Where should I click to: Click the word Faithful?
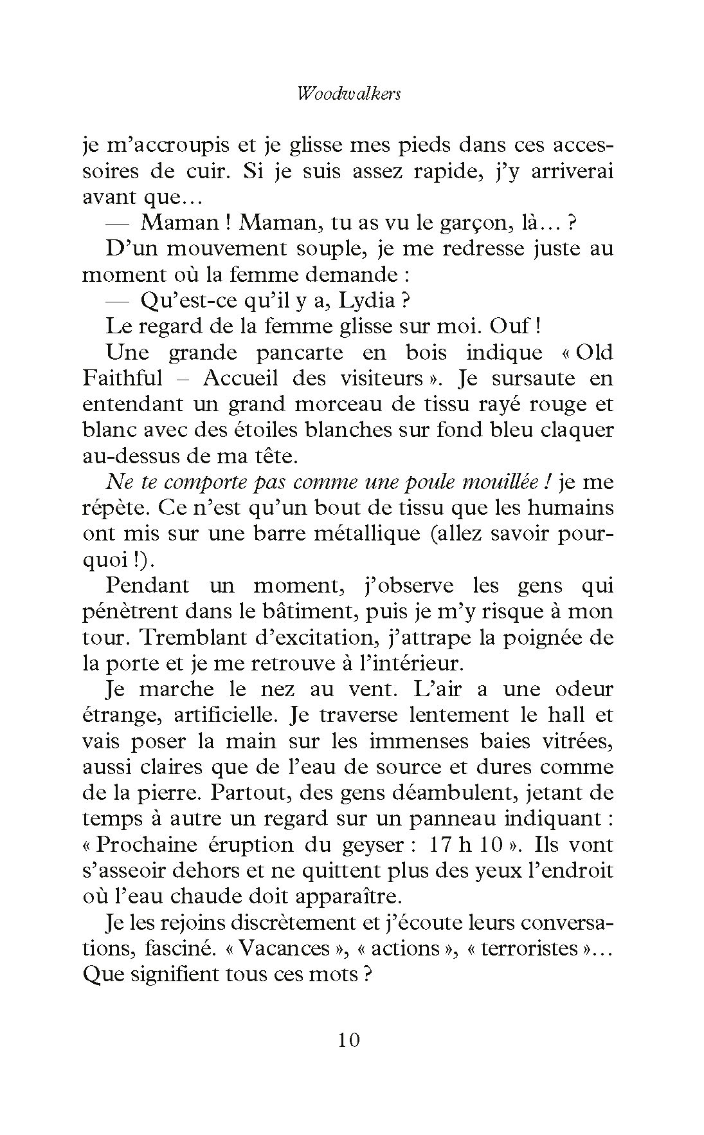pos(122,378)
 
